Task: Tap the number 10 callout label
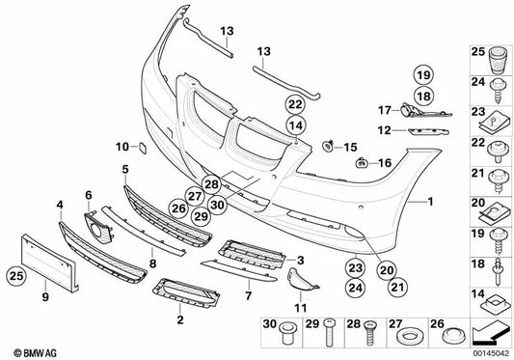tap(122, 147)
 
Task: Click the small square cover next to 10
tap(140, 148)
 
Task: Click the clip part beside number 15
tap(331, 147)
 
